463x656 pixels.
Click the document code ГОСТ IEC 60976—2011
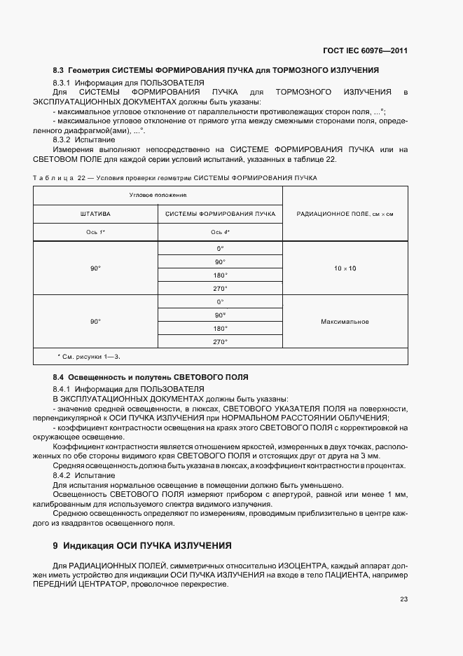370,50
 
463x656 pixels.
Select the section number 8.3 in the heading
59,71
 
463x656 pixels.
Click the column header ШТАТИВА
96,213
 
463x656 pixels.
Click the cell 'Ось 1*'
96,232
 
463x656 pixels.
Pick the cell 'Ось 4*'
221,232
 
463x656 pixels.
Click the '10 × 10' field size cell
345,268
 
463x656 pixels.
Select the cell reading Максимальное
345,322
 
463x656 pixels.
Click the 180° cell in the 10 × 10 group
221,275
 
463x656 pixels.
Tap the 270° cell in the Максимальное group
221,341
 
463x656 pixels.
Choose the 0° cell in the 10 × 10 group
221,249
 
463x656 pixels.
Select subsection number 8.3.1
64,83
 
